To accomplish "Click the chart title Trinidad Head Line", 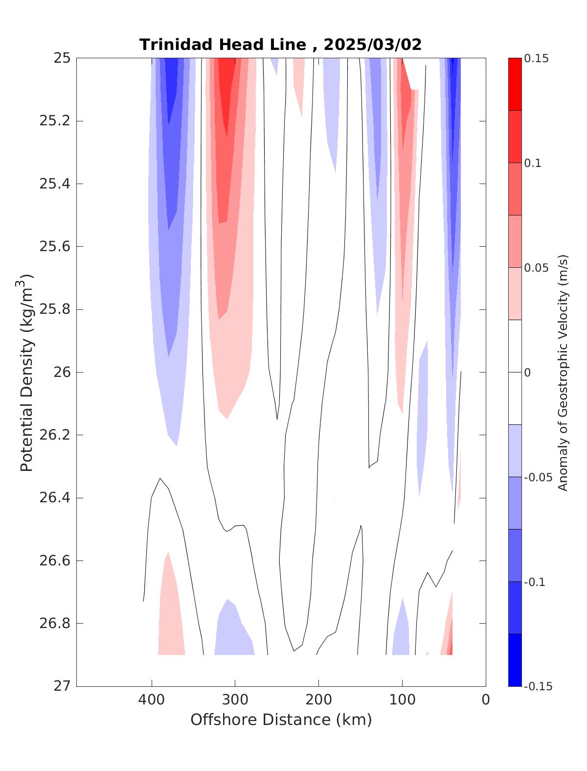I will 222,45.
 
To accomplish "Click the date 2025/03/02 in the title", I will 372,45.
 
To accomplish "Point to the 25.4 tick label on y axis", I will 54,184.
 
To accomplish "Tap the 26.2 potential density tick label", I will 54,435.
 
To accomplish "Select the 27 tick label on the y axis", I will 62,686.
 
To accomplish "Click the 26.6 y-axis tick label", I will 54,561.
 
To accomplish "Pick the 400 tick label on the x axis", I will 152,700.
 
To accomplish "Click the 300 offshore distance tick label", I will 235,700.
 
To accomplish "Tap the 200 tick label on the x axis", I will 318,700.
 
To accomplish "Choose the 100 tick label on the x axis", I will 402,700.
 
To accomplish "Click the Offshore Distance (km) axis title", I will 281,720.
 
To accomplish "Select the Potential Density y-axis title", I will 26,372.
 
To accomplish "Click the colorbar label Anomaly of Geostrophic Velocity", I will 563,372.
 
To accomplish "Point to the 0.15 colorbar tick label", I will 536,59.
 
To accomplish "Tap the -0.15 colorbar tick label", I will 538,687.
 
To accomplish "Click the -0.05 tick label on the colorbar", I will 538,478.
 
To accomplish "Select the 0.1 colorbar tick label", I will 533,164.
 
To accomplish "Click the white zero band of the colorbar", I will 515,372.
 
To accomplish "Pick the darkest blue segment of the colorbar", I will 515,660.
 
